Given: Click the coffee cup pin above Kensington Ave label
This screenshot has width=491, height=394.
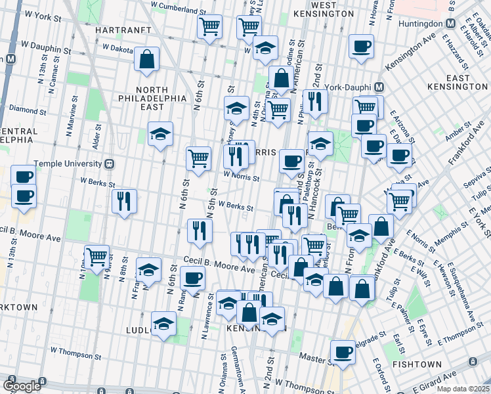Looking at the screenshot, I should pyautogui.click(x=361, y=46).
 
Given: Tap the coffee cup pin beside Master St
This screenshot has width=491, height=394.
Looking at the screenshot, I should pyautogui.click(x=342, y=351).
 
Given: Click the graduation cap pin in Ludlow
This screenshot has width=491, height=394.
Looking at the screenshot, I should pyautogui.click(x=163, y=323).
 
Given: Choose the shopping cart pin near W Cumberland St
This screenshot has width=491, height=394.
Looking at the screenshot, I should pyautogui.click(x=209, y=27).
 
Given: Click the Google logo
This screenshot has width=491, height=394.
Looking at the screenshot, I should pyautogui.click(x=22, y=386).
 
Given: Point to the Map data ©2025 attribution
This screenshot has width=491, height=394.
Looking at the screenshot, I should pyautogui.click(x=462, y=389).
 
